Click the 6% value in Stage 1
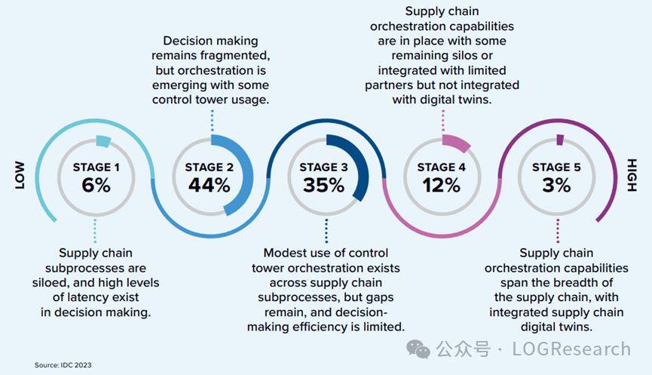(96, 185)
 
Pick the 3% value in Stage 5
(557, 185)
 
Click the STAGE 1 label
(96, 167)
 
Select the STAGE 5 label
(557, 167)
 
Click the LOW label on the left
(20, 175)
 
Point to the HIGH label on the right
(632, 175)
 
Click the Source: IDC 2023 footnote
(63, 365)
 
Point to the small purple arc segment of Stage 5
(560, 139)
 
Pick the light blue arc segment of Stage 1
(104, 140)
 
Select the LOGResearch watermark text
(571, 349)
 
